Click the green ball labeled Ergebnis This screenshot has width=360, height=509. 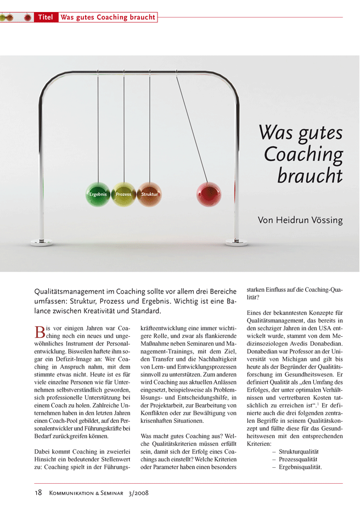click(x=98, y=194)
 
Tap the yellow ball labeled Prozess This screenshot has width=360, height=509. click(x=123, y=194)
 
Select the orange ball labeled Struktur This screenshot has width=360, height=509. click(x=149, y=194)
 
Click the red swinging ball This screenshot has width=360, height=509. click(x=209, y=194)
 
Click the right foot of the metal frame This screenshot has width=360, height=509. click(x=237, y=241)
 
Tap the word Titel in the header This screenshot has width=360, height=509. click(x=46, y=18)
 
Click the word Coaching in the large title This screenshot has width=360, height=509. click(x=303, y=154)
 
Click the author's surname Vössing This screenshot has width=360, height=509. click(x=323, y=220)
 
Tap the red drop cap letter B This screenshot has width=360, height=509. click(x=39, y=332)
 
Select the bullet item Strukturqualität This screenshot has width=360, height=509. click(x=299, y=451)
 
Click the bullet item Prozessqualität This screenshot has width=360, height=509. click(x=297, y=460)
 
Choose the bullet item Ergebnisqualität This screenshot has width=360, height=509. click(x=300, y=468)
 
